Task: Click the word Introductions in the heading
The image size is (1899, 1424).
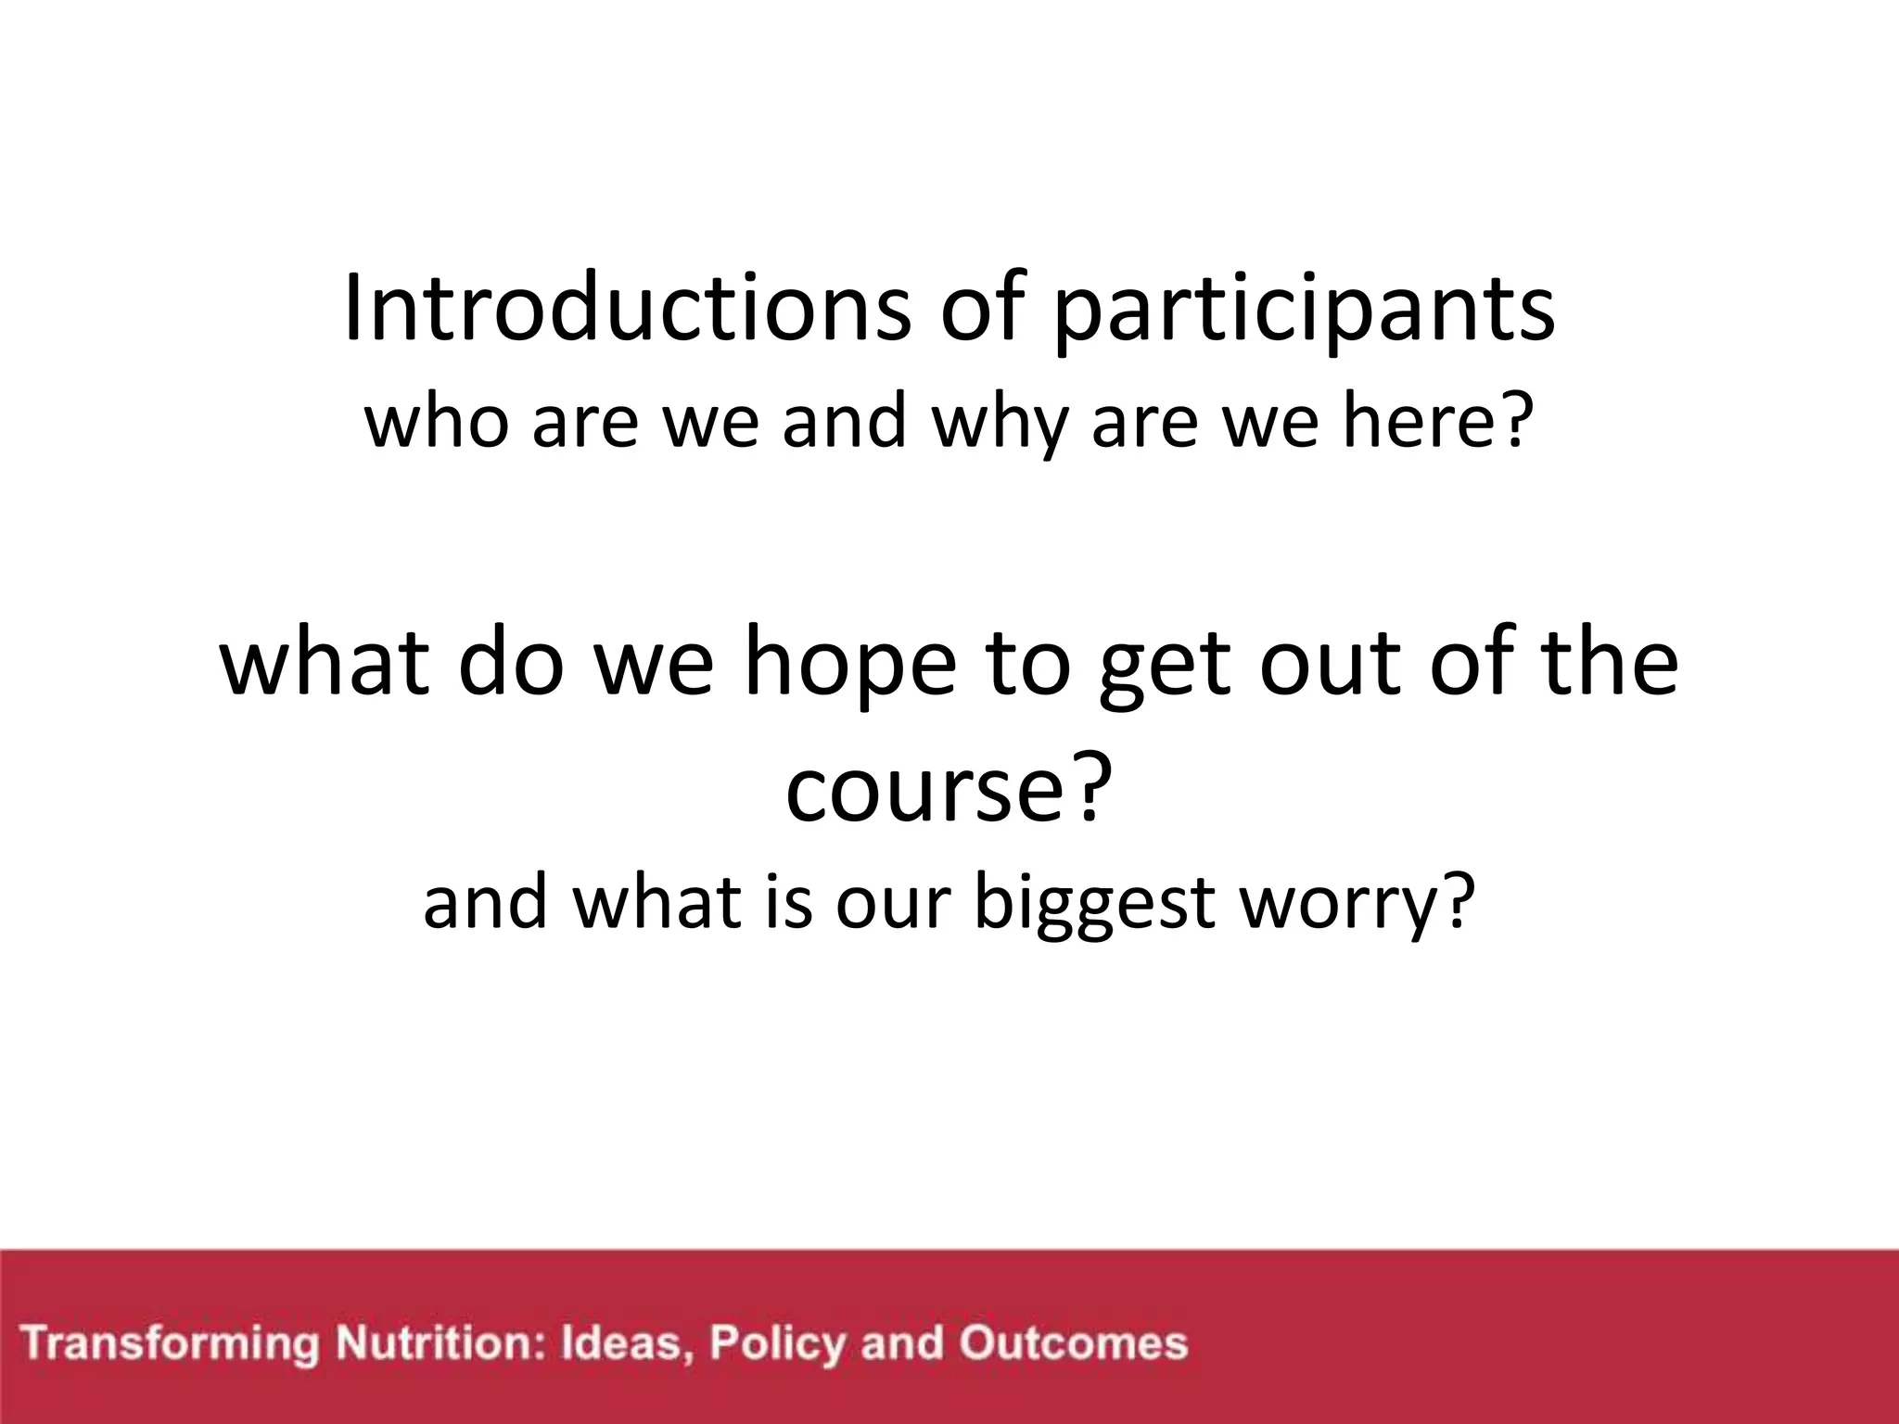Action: [627, 309]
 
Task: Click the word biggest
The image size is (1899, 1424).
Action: [1094, 905]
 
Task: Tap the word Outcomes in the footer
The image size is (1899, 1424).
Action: [1073, 1343]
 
